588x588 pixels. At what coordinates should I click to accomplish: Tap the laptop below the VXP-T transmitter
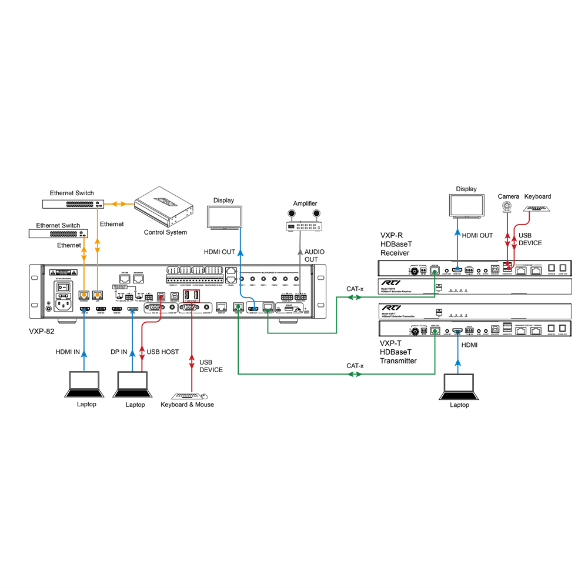(x=459, y=386)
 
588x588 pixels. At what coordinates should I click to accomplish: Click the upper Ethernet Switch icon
(x=74, y=203)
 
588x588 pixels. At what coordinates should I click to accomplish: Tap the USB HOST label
(x=162, y=352)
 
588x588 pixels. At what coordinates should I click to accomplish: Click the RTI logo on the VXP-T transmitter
(x=389, y=308)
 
